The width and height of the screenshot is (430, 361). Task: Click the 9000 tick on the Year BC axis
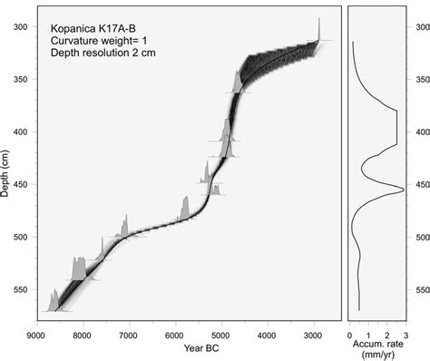[36, 333]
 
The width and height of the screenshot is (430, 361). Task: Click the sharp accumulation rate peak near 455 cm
[403, 190]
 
